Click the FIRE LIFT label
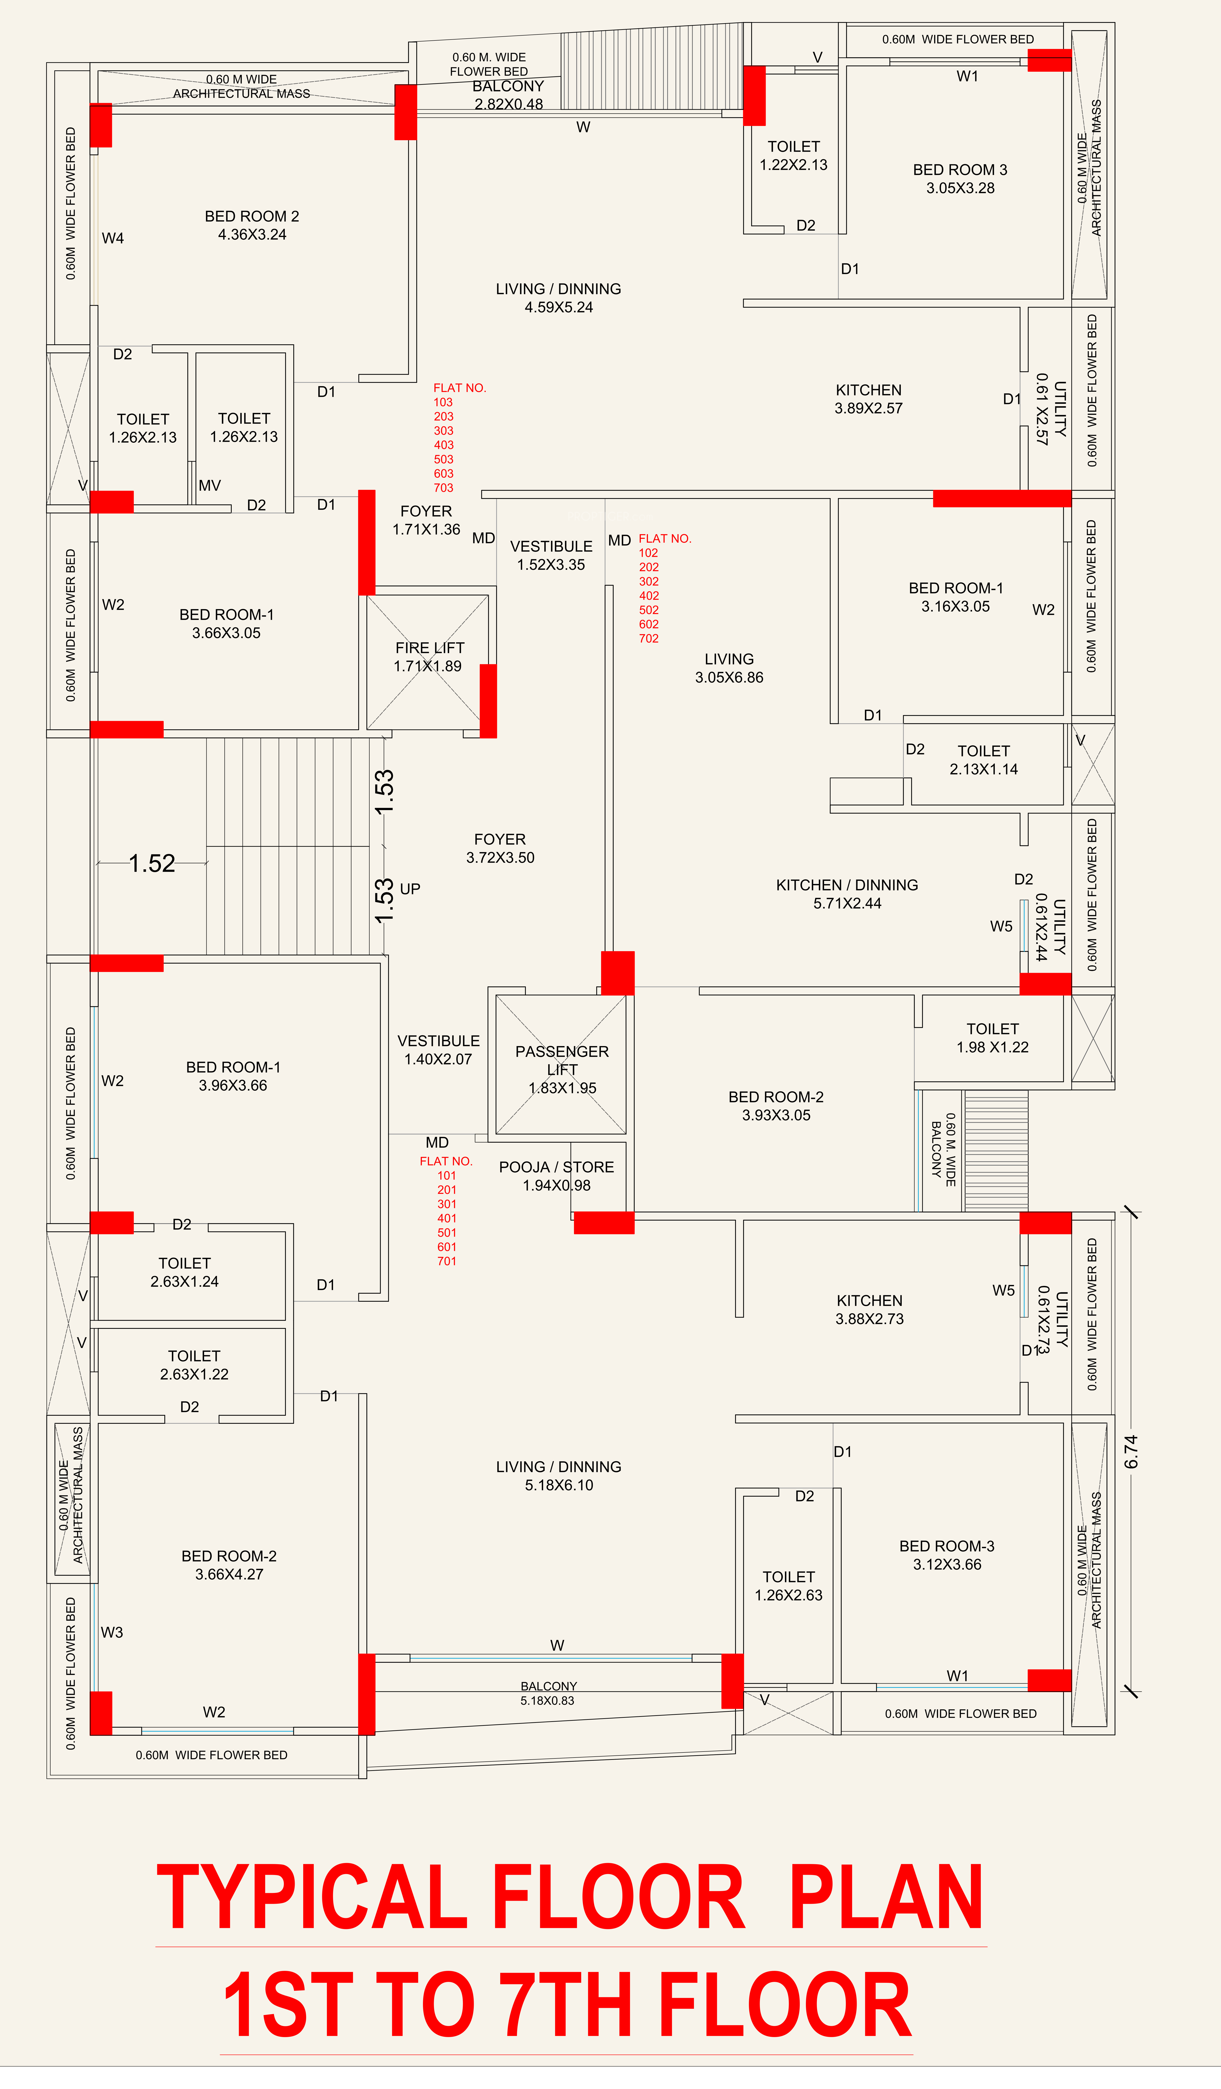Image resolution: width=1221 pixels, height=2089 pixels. [429, 656]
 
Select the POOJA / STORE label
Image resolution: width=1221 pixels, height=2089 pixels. [556, 1176]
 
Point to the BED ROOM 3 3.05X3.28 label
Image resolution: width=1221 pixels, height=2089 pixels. [960, 178]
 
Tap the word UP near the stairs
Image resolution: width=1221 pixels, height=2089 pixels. [410, 889]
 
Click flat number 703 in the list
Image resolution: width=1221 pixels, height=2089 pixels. [443, 488]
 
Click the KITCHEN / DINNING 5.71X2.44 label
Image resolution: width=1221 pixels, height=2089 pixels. [847, 894]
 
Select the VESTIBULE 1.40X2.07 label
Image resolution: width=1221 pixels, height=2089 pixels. [439, 1050]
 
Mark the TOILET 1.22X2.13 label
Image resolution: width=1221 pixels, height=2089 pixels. [793, 155]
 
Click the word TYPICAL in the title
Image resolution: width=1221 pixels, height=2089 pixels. [313, 1898]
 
